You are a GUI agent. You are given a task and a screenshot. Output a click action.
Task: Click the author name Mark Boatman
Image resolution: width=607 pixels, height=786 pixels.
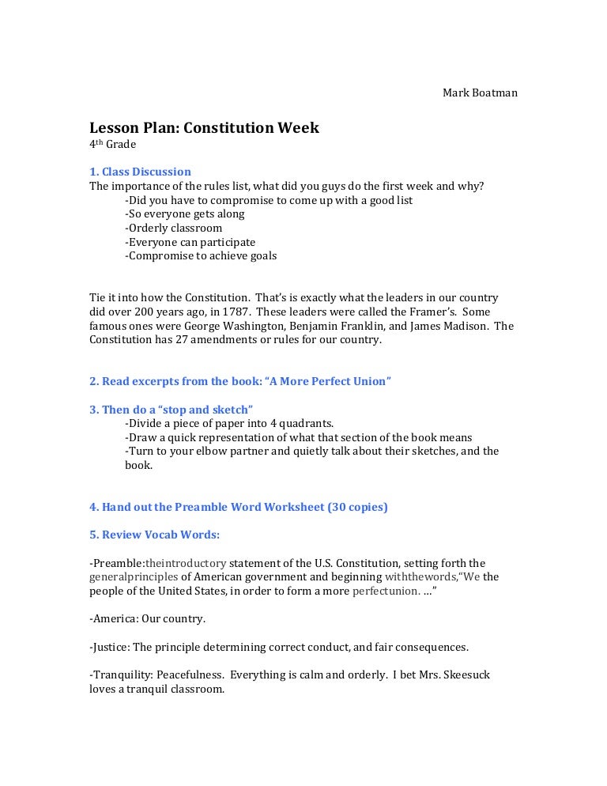click(480, 93)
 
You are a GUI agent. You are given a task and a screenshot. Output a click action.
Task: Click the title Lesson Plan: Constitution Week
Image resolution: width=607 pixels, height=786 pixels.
click(204, 127)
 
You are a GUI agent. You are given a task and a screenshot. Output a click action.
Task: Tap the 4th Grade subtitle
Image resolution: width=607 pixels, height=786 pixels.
click(112, 145)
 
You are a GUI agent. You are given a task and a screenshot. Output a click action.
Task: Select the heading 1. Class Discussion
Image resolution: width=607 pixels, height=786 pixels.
click(140, 172)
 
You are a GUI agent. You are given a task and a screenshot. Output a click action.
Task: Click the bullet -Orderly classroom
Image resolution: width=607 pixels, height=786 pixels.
click(173, 228)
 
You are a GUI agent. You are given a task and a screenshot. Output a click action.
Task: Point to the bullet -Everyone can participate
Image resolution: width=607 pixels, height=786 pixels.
click(190, 242)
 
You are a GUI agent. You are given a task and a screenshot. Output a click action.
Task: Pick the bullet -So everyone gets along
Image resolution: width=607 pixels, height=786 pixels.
click(184, 214)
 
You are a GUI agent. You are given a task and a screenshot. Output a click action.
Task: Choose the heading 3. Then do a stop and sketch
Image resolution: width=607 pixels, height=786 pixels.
click(171, 409)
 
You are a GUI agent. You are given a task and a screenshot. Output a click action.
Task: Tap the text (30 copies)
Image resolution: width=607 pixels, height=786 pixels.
click(357, 507)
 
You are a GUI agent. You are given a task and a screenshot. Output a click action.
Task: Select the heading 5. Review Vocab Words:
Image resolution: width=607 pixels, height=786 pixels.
click(154, 535)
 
